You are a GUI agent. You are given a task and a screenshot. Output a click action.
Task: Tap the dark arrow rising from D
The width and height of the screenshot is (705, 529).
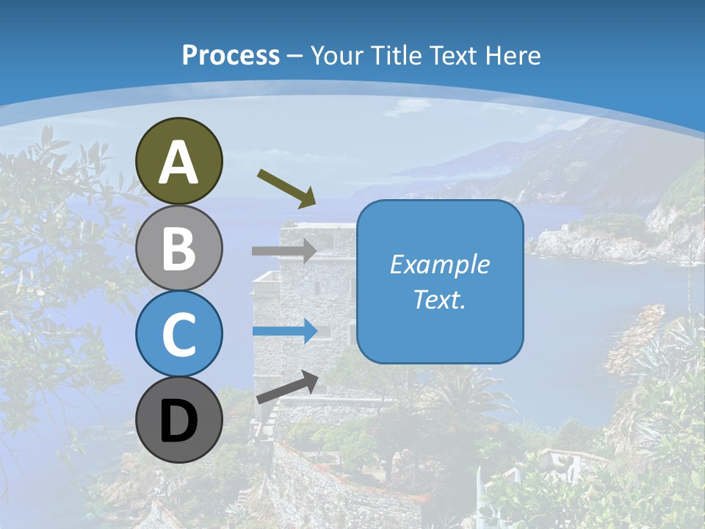point(287,386)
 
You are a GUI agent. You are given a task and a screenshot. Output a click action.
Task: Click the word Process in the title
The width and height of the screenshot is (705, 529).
point(231,55)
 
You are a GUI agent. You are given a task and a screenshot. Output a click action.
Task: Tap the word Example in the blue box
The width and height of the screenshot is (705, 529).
point(439,264)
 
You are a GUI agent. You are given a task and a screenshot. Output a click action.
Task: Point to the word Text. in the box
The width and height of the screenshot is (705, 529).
point(439,299)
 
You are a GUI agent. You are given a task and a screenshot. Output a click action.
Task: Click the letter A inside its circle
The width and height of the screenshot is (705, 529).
point(179,162)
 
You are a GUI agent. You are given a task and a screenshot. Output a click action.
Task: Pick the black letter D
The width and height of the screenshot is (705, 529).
point(179,422)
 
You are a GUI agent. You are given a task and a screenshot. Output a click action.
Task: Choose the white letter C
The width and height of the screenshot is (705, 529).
point(179,335)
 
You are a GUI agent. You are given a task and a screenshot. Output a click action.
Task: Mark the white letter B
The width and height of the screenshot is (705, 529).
point(179,248)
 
